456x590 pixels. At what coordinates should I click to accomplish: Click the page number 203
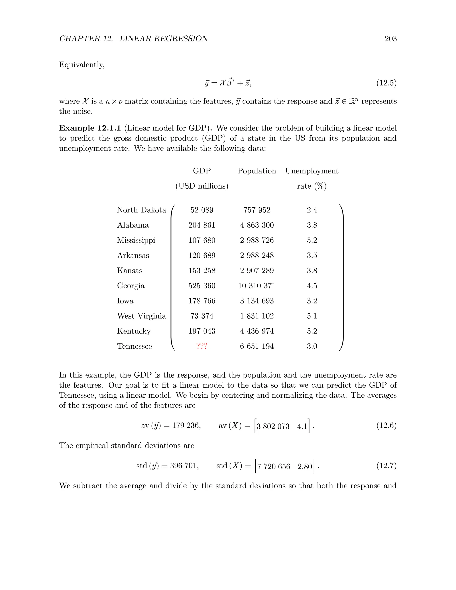click(390, 39)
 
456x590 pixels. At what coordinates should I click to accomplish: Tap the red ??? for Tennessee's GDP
click(202, 346)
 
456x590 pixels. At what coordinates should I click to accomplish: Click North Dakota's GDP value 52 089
click(202, 210)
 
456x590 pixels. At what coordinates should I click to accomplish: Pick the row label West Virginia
click(141, 316)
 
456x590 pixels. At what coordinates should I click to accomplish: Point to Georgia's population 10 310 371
click(257, 286)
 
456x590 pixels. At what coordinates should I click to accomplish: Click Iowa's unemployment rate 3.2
click(312, 301)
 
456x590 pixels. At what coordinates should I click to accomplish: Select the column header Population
click(257, 171)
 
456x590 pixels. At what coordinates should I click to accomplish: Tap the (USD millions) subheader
click(202, 186)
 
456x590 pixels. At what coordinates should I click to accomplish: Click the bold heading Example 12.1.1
click(90, 128)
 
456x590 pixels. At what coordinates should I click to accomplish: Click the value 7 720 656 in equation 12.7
click(273, 466)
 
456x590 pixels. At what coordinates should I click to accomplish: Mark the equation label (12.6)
click(386, 425)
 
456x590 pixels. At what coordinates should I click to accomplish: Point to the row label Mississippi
click(136, 240)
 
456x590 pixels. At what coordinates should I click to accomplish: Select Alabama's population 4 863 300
click(257, 225)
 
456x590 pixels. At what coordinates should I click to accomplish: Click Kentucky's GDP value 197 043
click(202, 331)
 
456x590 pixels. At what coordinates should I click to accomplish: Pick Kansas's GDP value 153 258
click(202, 271)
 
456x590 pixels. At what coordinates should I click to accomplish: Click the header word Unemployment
click(312, 171)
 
